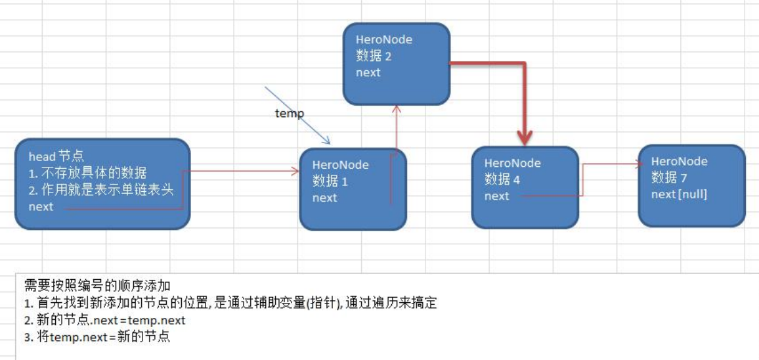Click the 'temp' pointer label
(x=289, y=114)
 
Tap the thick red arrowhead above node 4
(x=525, y=138)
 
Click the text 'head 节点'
(x=56, y=156)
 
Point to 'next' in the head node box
(x=41, y=207)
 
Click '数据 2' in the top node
(x=374, y=56)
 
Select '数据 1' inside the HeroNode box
(x=330, y=181)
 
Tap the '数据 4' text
(x=502, y=179)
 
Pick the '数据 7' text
(x=669, y=177)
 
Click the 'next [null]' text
(x=679, y=194)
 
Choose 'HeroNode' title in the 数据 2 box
(x=384, y=39)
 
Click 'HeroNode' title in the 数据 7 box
(x=680, y=161)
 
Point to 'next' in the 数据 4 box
(x=497, y=196)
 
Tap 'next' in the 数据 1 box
(x=325, y=198)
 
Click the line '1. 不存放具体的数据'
(x=87, y=173)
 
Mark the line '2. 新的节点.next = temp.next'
(x=104, y=320)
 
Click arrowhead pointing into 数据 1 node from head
(x=295, y=171)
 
